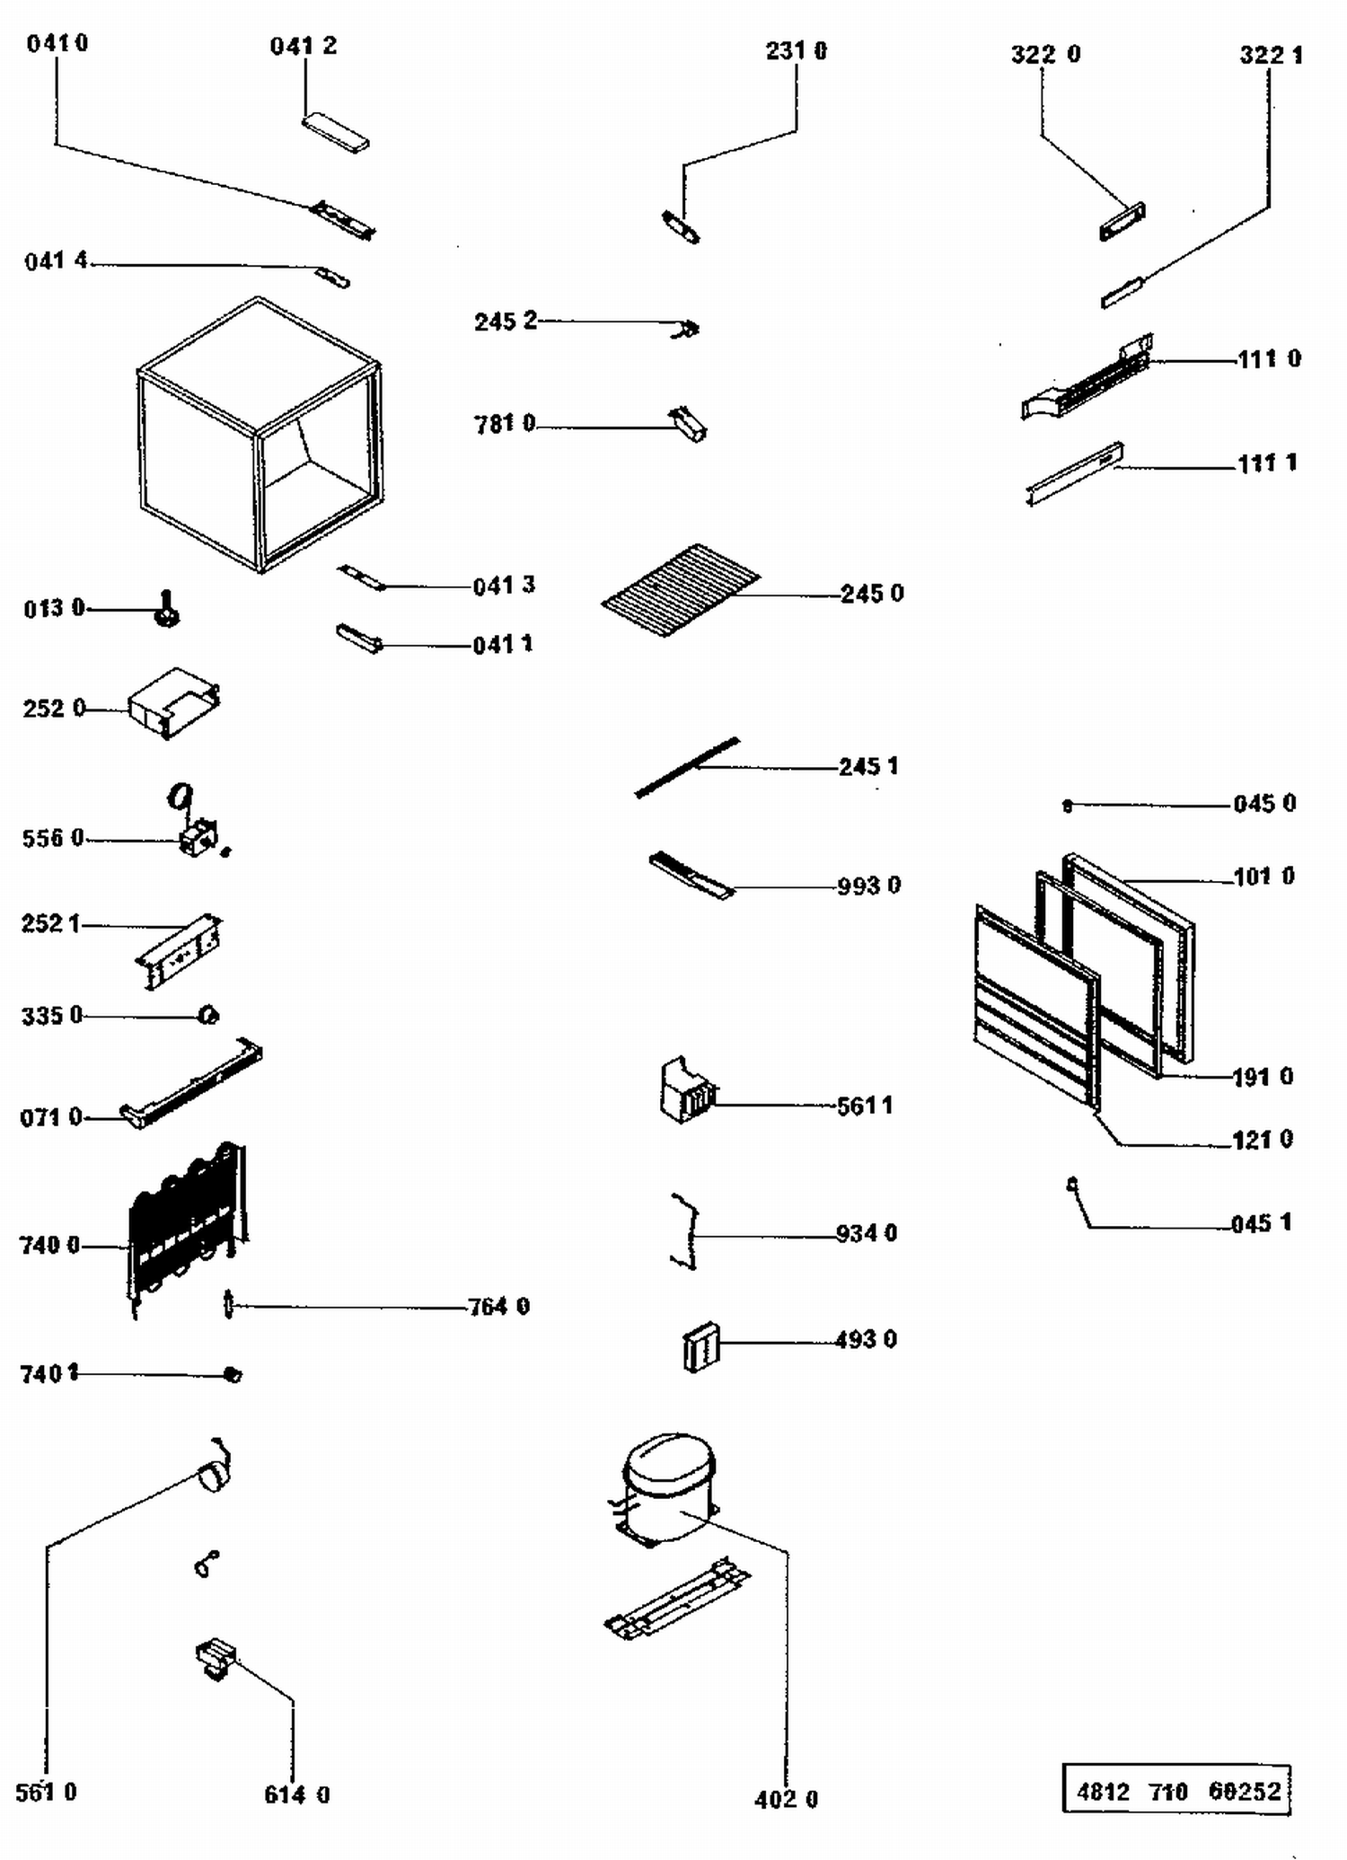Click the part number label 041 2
coord(304,46)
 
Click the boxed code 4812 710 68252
coord(1176,1792)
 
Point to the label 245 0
coord(872,594)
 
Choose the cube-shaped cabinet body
coord(260,435)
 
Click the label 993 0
coord(868,886)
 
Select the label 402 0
coord(786,1799)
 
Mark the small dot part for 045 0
coord(1067,806)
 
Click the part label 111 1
coord(1267,463)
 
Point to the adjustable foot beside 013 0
coord(167,610)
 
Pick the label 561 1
coord(864,1106)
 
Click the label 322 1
coord(1271,55)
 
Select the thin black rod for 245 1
coord(687,767)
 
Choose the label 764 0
coord(498,1306)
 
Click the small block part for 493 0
coord(700,1346)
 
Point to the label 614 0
coord(296,1794)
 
